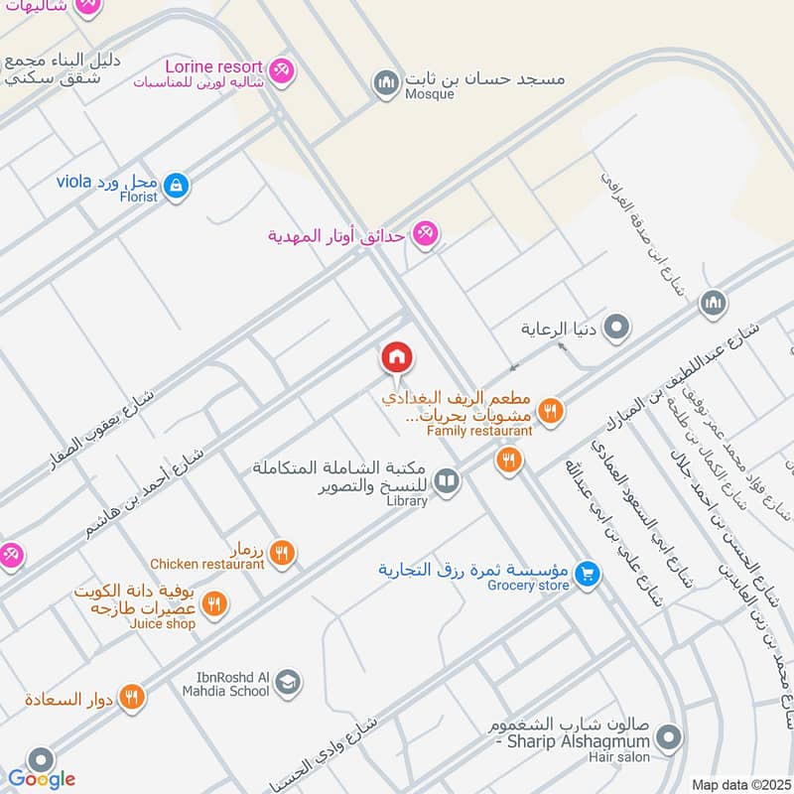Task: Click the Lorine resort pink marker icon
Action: pyautogui.click(x=282, y=70)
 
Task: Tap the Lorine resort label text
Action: pyautogui.click(x=221, y=66)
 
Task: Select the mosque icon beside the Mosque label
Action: pyautogui.click(x=385, y=82)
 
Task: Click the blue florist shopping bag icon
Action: pyautogui.click(x=176, y=185)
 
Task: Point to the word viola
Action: pyautogui.click(x=74, y=182)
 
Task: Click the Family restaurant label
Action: pyautogui.click(x=479, y=431)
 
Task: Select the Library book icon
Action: pyautogui.click(x=448, y=481)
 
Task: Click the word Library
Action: pyautogui.click(x=407, y=501)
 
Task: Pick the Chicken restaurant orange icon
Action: pyautogui.click(x=282, y=552)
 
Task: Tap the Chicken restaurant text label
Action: pyautogui.click(x=207, y=564)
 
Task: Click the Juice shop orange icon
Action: pyautogui.click(x=214, y=602)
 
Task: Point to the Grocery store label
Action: pyautogui.click(x=528, y=586)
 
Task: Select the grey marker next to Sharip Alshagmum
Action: pyautogui.click(x=670, y=738)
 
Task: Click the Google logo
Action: pyautogui.click(x=41, y=779)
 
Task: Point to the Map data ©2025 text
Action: pyautogui.click(x=738, y=784)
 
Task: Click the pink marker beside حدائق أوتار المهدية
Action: pyautogui.click(x=426, y=233)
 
